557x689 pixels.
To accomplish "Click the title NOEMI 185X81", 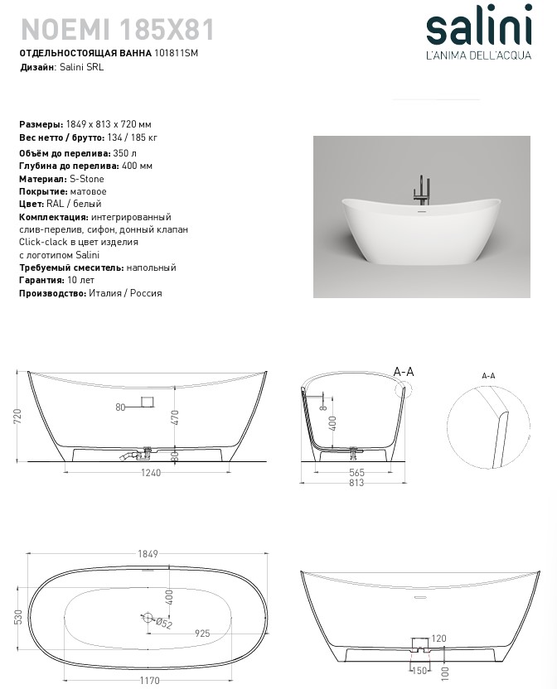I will pos(117,30).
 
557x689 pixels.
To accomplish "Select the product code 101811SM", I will pos(177,54).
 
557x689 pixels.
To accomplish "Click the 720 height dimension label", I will pos(17,416).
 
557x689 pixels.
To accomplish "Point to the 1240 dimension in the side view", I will pos(151,473).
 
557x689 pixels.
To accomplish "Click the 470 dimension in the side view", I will pos(175,417).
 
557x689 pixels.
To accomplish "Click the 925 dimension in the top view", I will pos(202,633).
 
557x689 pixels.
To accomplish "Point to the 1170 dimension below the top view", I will pos(149,682).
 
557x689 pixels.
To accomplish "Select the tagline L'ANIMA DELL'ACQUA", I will pos(478,56).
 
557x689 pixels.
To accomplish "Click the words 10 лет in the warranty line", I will pos(75,280).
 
